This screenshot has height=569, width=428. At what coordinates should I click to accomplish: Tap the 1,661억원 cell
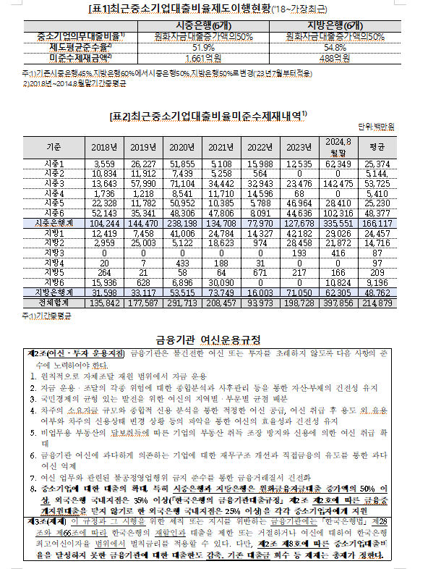click(189, 57)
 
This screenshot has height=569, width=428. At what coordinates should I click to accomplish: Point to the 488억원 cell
click(333, 57)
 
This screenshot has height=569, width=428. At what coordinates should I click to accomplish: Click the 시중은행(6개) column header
click(189, 25)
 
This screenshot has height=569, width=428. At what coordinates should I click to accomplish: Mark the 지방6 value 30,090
click(222, 281)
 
